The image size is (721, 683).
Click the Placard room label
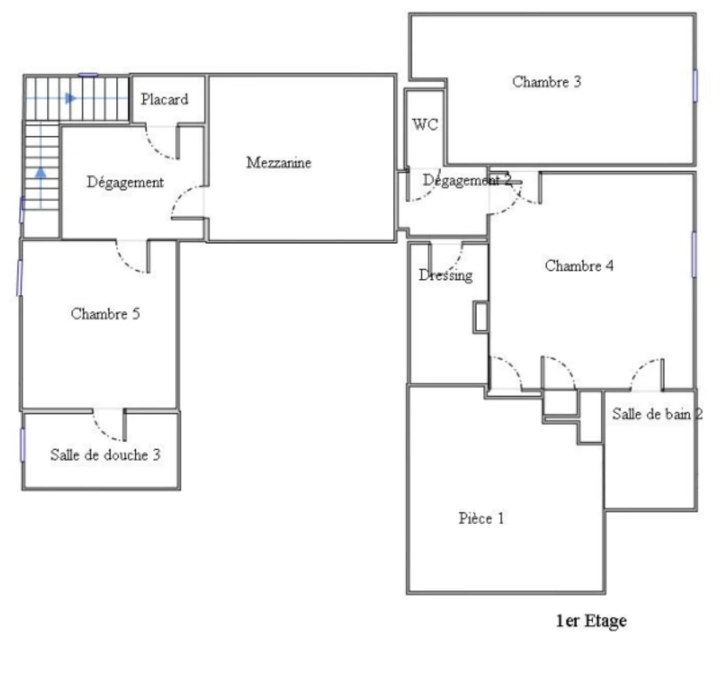164,100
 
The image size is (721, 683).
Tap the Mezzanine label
278,163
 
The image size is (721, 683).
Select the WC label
425,125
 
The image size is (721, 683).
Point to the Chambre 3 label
547,82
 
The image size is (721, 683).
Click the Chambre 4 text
579,265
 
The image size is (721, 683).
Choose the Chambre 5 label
105,314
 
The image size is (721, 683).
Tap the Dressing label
445,275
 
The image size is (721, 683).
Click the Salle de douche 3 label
105,454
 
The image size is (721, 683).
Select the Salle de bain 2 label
657,414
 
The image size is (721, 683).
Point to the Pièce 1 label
481,518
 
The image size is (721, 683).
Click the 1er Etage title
591,621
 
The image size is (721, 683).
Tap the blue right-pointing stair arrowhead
70,98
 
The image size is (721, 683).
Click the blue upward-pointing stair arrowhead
41,173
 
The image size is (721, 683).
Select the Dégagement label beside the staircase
125,182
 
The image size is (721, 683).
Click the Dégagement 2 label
467,180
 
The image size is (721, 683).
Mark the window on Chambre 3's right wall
695,85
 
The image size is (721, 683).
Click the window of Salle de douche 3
22,445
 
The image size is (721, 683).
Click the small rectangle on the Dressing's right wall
480,317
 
